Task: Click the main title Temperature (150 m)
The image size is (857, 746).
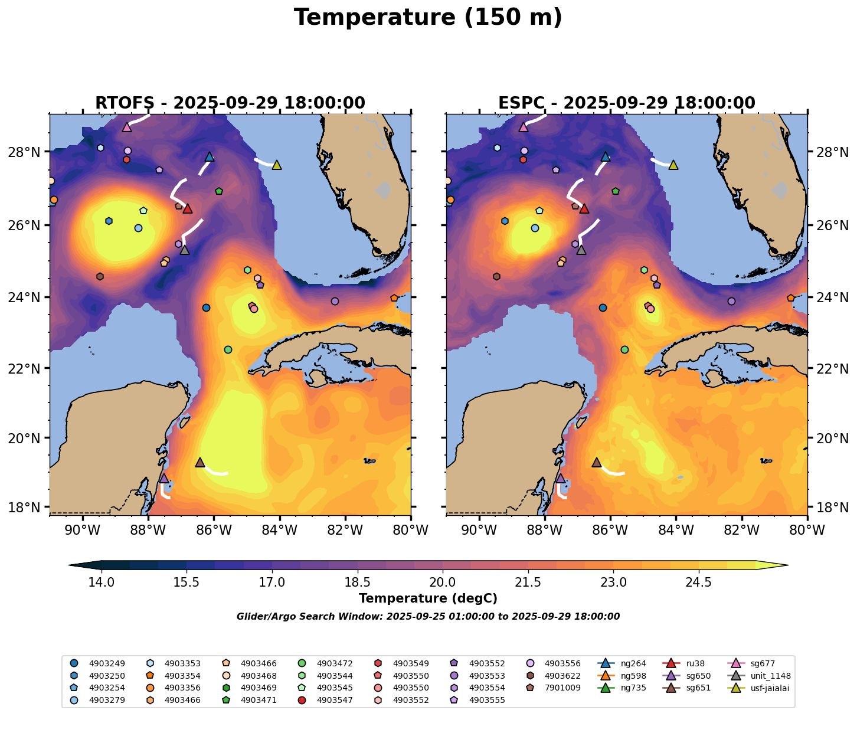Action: (428, 18)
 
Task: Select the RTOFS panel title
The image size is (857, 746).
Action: (230, 103)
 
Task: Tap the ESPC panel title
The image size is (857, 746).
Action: (627, 103)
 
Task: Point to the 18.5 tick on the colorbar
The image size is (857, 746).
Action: (357, 583)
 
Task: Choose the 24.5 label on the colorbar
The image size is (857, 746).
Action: (699, 583)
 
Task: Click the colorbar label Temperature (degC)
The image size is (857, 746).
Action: (428, 598)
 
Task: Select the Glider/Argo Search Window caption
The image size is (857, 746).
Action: (428, 617)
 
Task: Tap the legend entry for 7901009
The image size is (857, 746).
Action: (544, 688)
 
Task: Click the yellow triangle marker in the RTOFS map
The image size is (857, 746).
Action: (276, 165)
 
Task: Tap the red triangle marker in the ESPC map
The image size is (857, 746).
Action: (584, 209)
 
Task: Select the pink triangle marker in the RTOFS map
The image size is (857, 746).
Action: (127, 127)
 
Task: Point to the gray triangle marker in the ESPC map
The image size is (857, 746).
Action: (581, 250)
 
